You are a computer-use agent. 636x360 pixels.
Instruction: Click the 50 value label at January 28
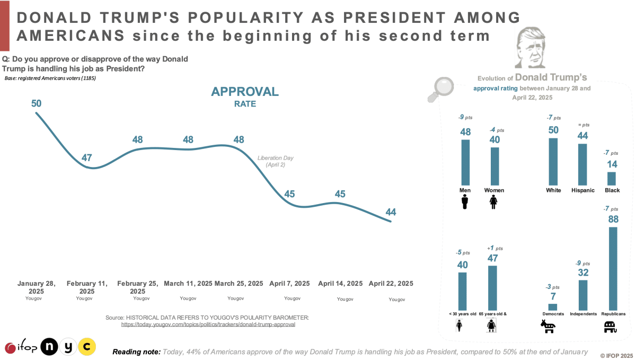click(x=36, y=103)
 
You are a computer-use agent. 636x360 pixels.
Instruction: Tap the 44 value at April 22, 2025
click(x=391, y=212)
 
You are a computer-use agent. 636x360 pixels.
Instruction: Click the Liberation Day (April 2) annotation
click(x=275, y=161)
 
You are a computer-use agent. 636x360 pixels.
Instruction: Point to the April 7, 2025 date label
click(x=289, y=283)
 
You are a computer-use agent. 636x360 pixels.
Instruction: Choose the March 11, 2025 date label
click(x=188, y=283)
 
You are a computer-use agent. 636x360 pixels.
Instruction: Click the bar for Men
click(x=465, y=162)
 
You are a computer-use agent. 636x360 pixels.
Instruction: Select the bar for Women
click(x=494, y=165)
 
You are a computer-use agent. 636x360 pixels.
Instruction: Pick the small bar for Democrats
click(x=553, y=307)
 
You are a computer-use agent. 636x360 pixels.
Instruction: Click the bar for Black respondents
click(x=612, y=178)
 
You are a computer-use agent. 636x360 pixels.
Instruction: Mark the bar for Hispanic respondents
click(x=582, y=164)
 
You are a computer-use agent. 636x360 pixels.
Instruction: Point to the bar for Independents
click(x=583, y=295)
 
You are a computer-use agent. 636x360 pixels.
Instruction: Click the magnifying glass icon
click(x=441, y=89)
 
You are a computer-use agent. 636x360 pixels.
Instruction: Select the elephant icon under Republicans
click(x=613, y=327)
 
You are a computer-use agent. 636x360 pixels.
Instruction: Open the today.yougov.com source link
click(x=208, y=324)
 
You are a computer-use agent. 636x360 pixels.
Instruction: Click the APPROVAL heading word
click(x=244, y=91)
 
